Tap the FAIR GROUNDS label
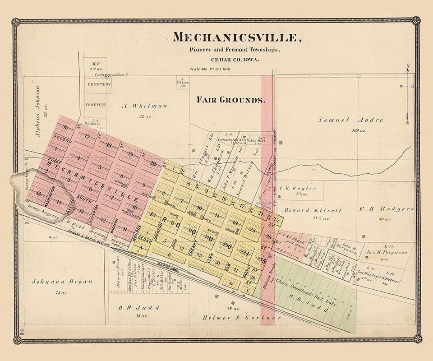pyautogui.click(x=230, y=100)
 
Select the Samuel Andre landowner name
pyautogui.click(x=351, y=120)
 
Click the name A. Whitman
pyautogui.click(x=144, y=106)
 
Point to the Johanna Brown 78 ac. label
pyautogui.click(x=62, y=282)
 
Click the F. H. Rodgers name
pyautogui.click(x=387, y=209)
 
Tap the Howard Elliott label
pyautogui.click(x=313, y=210)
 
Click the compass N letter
pyautogui.click(x=407, y=68)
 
